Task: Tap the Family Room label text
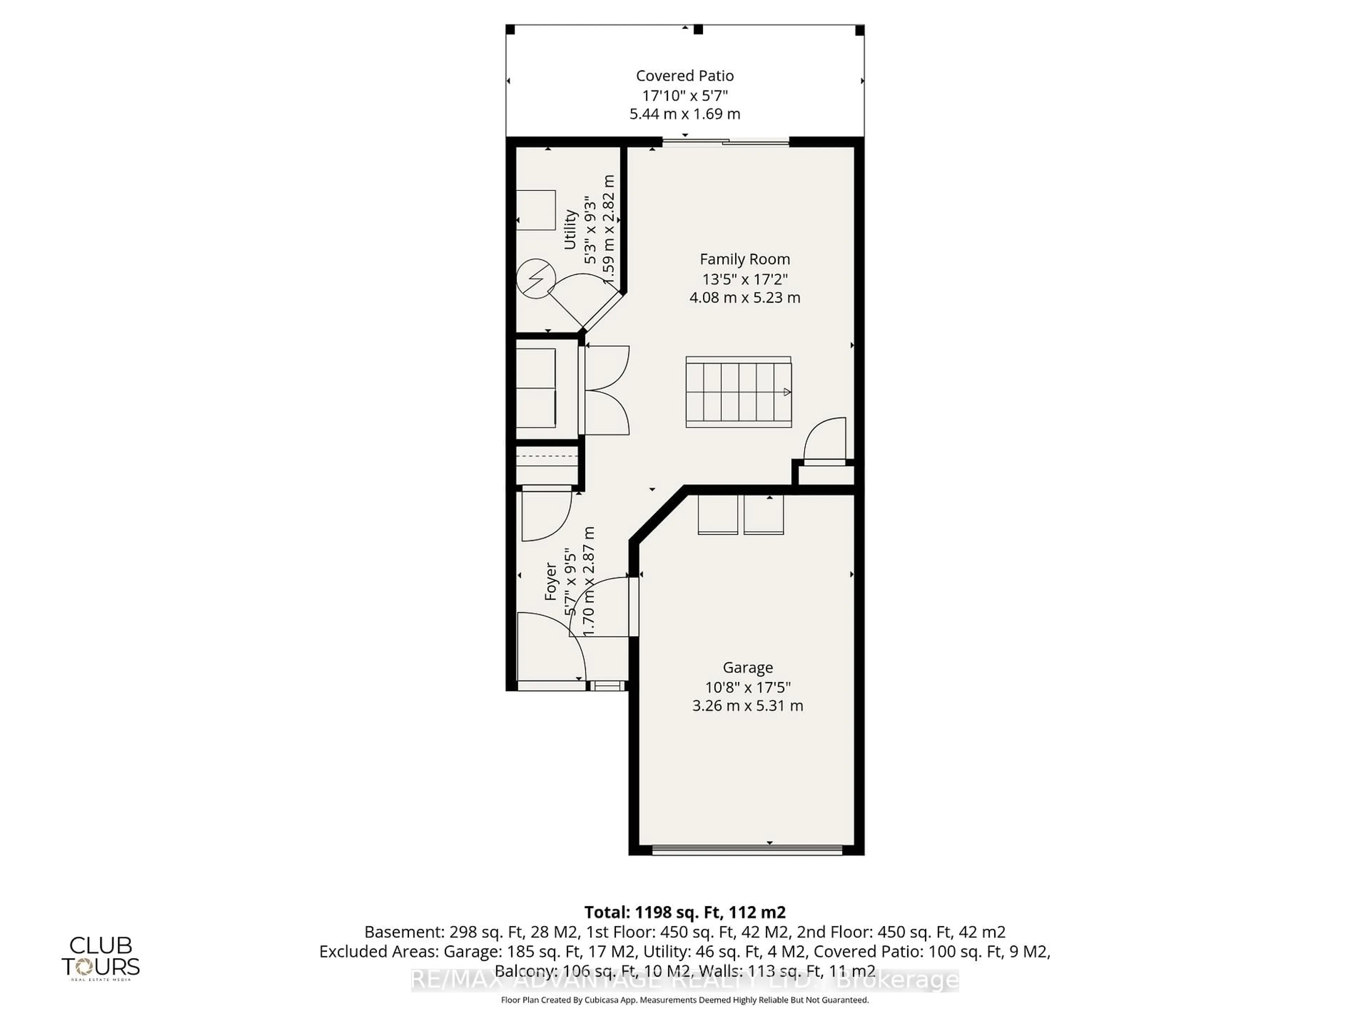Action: click(745, 259)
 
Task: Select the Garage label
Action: click(747, 667)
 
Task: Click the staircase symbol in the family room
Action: click(738, 392)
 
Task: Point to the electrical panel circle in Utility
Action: click(536, 278)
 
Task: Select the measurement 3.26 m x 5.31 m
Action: click(747, 706)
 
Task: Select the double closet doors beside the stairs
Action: click(606, 390)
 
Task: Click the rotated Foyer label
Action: click(550, 581)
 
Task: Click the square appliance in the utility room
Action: click(536, 210)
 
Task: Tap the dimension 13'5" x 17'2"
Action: click(745, 279)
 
